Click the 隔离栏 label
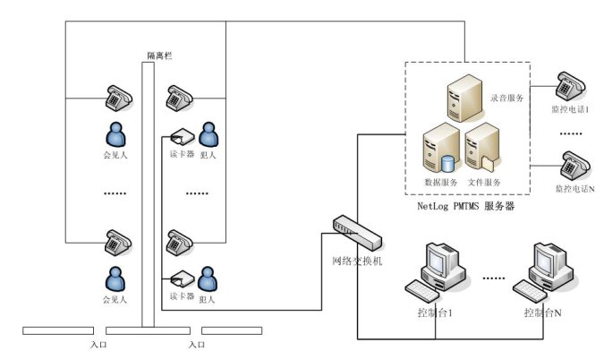click(159, 56)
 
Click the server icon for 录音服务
click(466, 99)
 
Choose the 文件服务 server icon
click(481, 148)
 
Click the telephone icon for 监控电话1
click(569, 86)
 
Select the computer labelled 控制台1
click(432, 270)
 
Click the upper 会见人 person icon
click(115, 134)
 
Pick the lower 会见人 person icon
click(115, 278)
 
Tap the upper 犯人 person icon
click(208, 134)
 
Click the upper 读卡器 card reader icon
click(183, 137)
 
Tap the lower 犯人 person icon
click(208, 278)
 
